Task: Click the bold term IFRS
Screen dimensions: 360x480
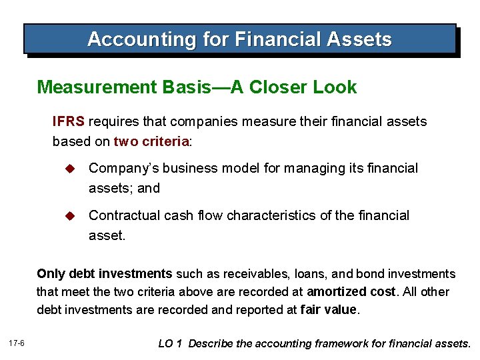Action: click(69, 122)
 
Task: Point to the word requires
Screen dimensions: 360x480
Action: click(112, 122)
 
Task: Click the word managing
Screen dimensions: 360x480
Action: click(319, 169)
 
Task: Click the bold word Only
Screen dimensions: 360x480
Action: click(51, 274)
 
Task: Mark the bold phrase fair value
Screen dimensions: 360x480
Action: click(329, 310)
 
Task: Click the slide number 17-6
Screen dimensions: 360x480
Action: click(17, 343)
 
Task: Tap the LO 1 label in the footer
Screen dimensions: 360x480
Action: click(170, 344)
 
